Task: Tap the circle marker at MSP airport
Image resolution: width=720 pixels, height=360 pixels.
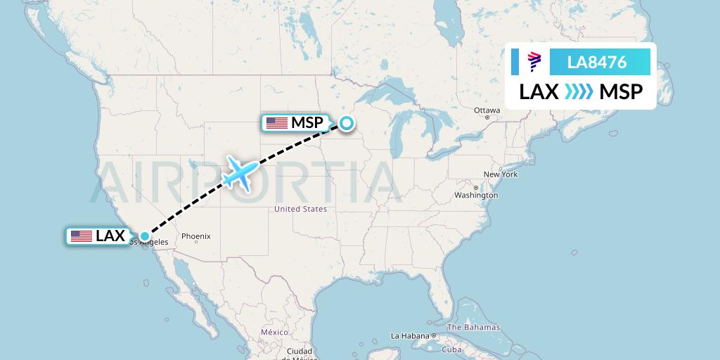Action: pos(347,124)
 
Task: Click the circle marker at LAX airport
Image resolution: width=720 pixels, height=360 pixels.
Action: pos(144,237)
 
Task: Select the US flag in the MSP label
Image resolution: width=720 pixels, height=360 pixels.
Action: pos(276,123)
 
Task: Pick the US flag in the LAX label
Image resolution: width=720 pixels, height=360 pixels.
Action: pos(82,236)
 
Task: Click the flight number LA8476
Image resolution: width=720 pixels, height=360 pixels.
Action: pos(597,63)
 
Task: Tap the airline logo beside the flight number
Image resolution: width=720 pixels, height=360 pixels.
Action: pos(534,63)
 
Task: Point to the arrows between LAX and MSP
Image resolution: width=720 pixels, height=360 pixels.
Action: pos(579,92)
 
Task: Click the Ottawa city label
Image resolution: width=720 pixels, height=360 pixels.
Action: pos(487,110)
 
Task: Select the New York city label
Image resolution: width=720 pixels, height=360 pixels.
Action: pos(500,174)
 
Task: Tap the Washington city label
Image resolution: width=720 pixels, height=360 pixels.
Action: pos(476,195)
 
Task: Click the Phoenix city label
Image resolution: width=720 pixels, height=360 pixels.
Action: pos(195,236)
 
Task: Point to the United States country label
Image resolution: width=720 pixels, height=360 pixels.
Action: pos(300,209)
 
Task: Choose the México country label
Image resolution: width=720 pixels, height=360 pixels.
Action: pos(274,332)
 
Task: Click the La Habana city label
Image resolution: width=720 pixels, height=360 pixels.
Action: pos(409,335)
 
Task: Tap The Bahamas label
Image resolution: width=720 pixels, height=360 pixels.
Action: pos(473,327)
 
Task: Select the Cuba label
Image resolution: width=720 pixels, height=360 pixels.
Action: pos(451,349)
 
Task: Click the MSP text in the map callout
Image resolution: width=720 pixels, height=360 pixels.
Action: pos(307,123)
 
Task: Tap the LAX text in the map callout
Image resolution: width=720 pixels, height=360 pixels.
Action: pos(110,236)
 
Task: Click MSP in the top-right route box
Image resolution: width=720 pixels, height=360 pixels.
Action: pos(621,92)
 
